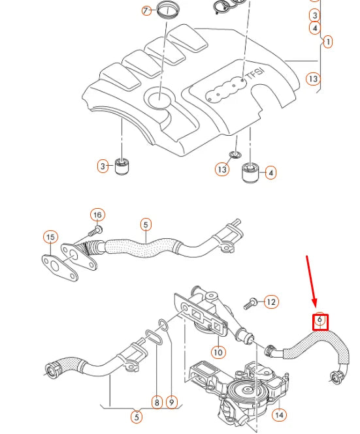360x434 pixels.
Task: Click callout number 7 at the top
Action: (146, 10)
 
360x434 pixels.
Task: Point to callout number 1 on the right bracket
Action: (327, 41)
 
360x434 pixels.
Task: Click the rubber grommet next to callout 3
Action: (122, 166)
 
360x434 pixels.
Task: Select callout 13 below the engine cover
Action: (223, 170)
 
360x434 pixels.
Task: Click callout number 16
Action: (97, 215)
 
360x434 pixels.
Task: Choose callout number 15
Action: (51, 236)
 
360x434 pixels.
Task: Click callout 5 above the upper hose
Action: (145, 224)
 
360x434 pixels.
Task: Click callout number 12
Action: (270, 302)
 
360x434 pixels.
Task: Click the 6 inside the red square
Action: (319, 321)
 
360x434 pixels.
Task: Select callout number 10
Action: (218, 352)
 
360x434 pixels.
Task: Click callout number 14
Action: (280, 414)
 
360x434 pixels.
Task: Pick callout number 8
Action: (157, 402)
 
